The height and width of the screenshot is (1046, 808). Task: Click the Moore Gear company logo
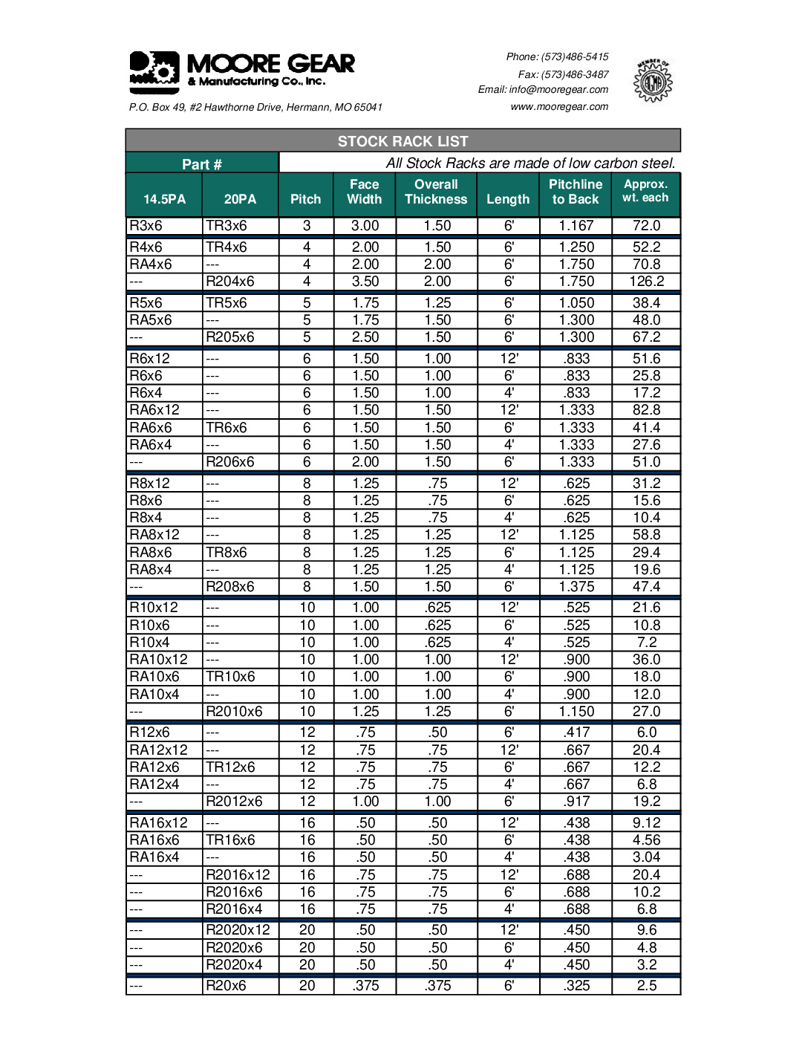coord(241,71)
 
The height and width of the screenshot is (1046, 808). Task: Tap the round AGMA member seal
coord(652,81)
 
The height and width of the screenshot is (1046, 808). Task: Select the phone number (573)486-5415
coord(575,56)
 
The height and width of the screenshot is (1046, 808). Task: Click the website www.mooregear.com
coord(559,106)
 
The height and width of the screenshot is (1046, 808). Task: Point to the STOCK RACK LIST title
coord(403,141)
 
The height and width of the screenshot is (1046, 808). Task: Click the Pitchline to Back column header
coord(576,192)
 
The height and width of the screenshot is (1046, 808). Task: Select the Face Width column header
coord(365,192)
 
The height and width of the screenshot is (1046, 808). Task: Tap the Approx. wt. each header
coord(645,191)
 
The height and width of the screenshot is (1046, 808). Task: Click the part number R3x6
coord(146,226)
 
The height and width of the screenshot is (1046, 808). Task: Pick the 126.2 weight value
coord(646,282)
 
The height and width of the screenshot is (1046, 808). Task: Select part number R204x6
coord(230,282)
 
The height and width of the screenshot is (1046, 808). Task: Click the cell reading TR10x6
coord(230,677)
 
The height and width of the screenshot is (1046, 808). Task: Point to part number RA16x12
coord(159,823)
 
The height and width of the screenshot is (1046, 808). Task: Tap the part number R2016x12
coord(238,875)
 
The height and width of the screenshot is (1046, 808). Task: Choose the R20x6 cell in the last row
coord(226,986)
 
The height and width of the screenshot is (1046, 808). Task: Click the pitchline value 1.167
coord(576,226)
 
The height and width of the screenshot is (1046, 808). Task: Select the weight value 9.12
coord(646,823)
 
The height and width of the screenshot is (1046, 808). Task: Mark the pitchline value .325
coord(576,986)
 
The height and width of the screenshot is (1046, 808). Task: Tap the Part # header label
coord(202,164)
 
